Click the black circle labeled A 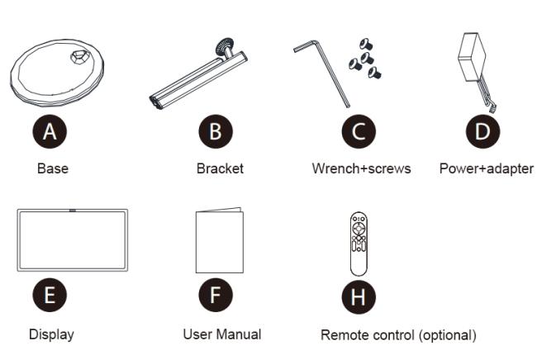click(50, 131)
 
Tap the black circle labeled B click(216, 131)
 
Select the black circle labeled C click(359, 131)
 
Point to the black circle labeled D click(482, 131)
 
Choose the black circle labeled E click(50, 295)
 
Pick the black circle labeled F click(216, 295)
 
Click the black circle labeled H click(359, 296)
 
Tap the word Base click(53, 168)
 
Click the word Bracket click(220, 168)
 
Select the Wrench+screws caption click(361, 168)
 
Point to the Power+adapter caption click(487, 168)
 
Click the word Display click(51, 334)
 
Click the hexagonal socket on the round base click(80, 56)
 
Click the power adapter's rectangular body click(473, 56)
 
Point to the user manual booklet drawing click(220, 240)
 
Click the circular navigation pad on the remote click(359, 228)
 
